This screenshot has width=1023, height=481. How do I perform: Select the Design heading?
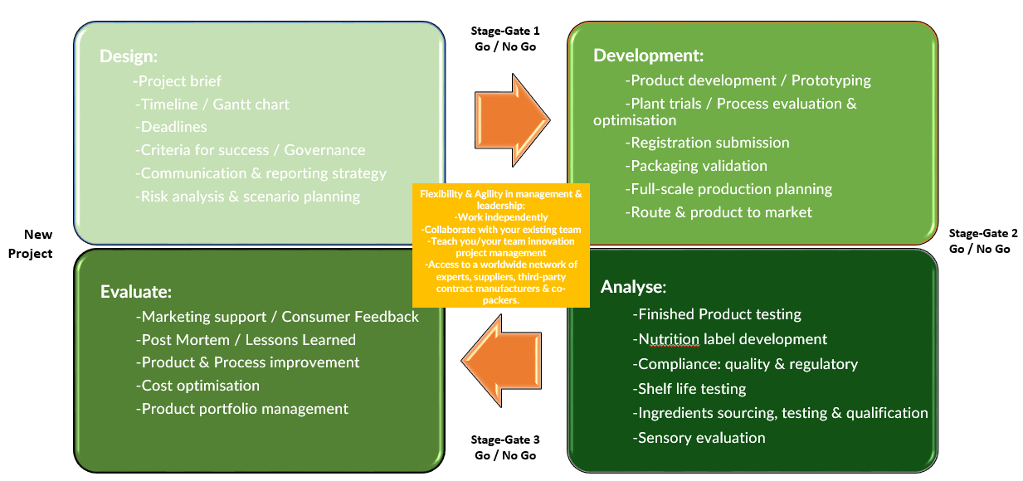[129, 56]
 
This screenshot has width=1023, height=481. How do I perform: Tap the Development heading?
[648, 56]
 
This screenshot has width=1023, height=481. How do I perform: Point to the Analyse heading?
[633, 287]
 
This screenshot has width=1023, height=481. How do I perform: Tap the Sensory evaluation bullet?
[699, 438]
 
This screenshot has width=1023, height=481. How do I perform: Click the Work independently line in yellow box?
[500, 217]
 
